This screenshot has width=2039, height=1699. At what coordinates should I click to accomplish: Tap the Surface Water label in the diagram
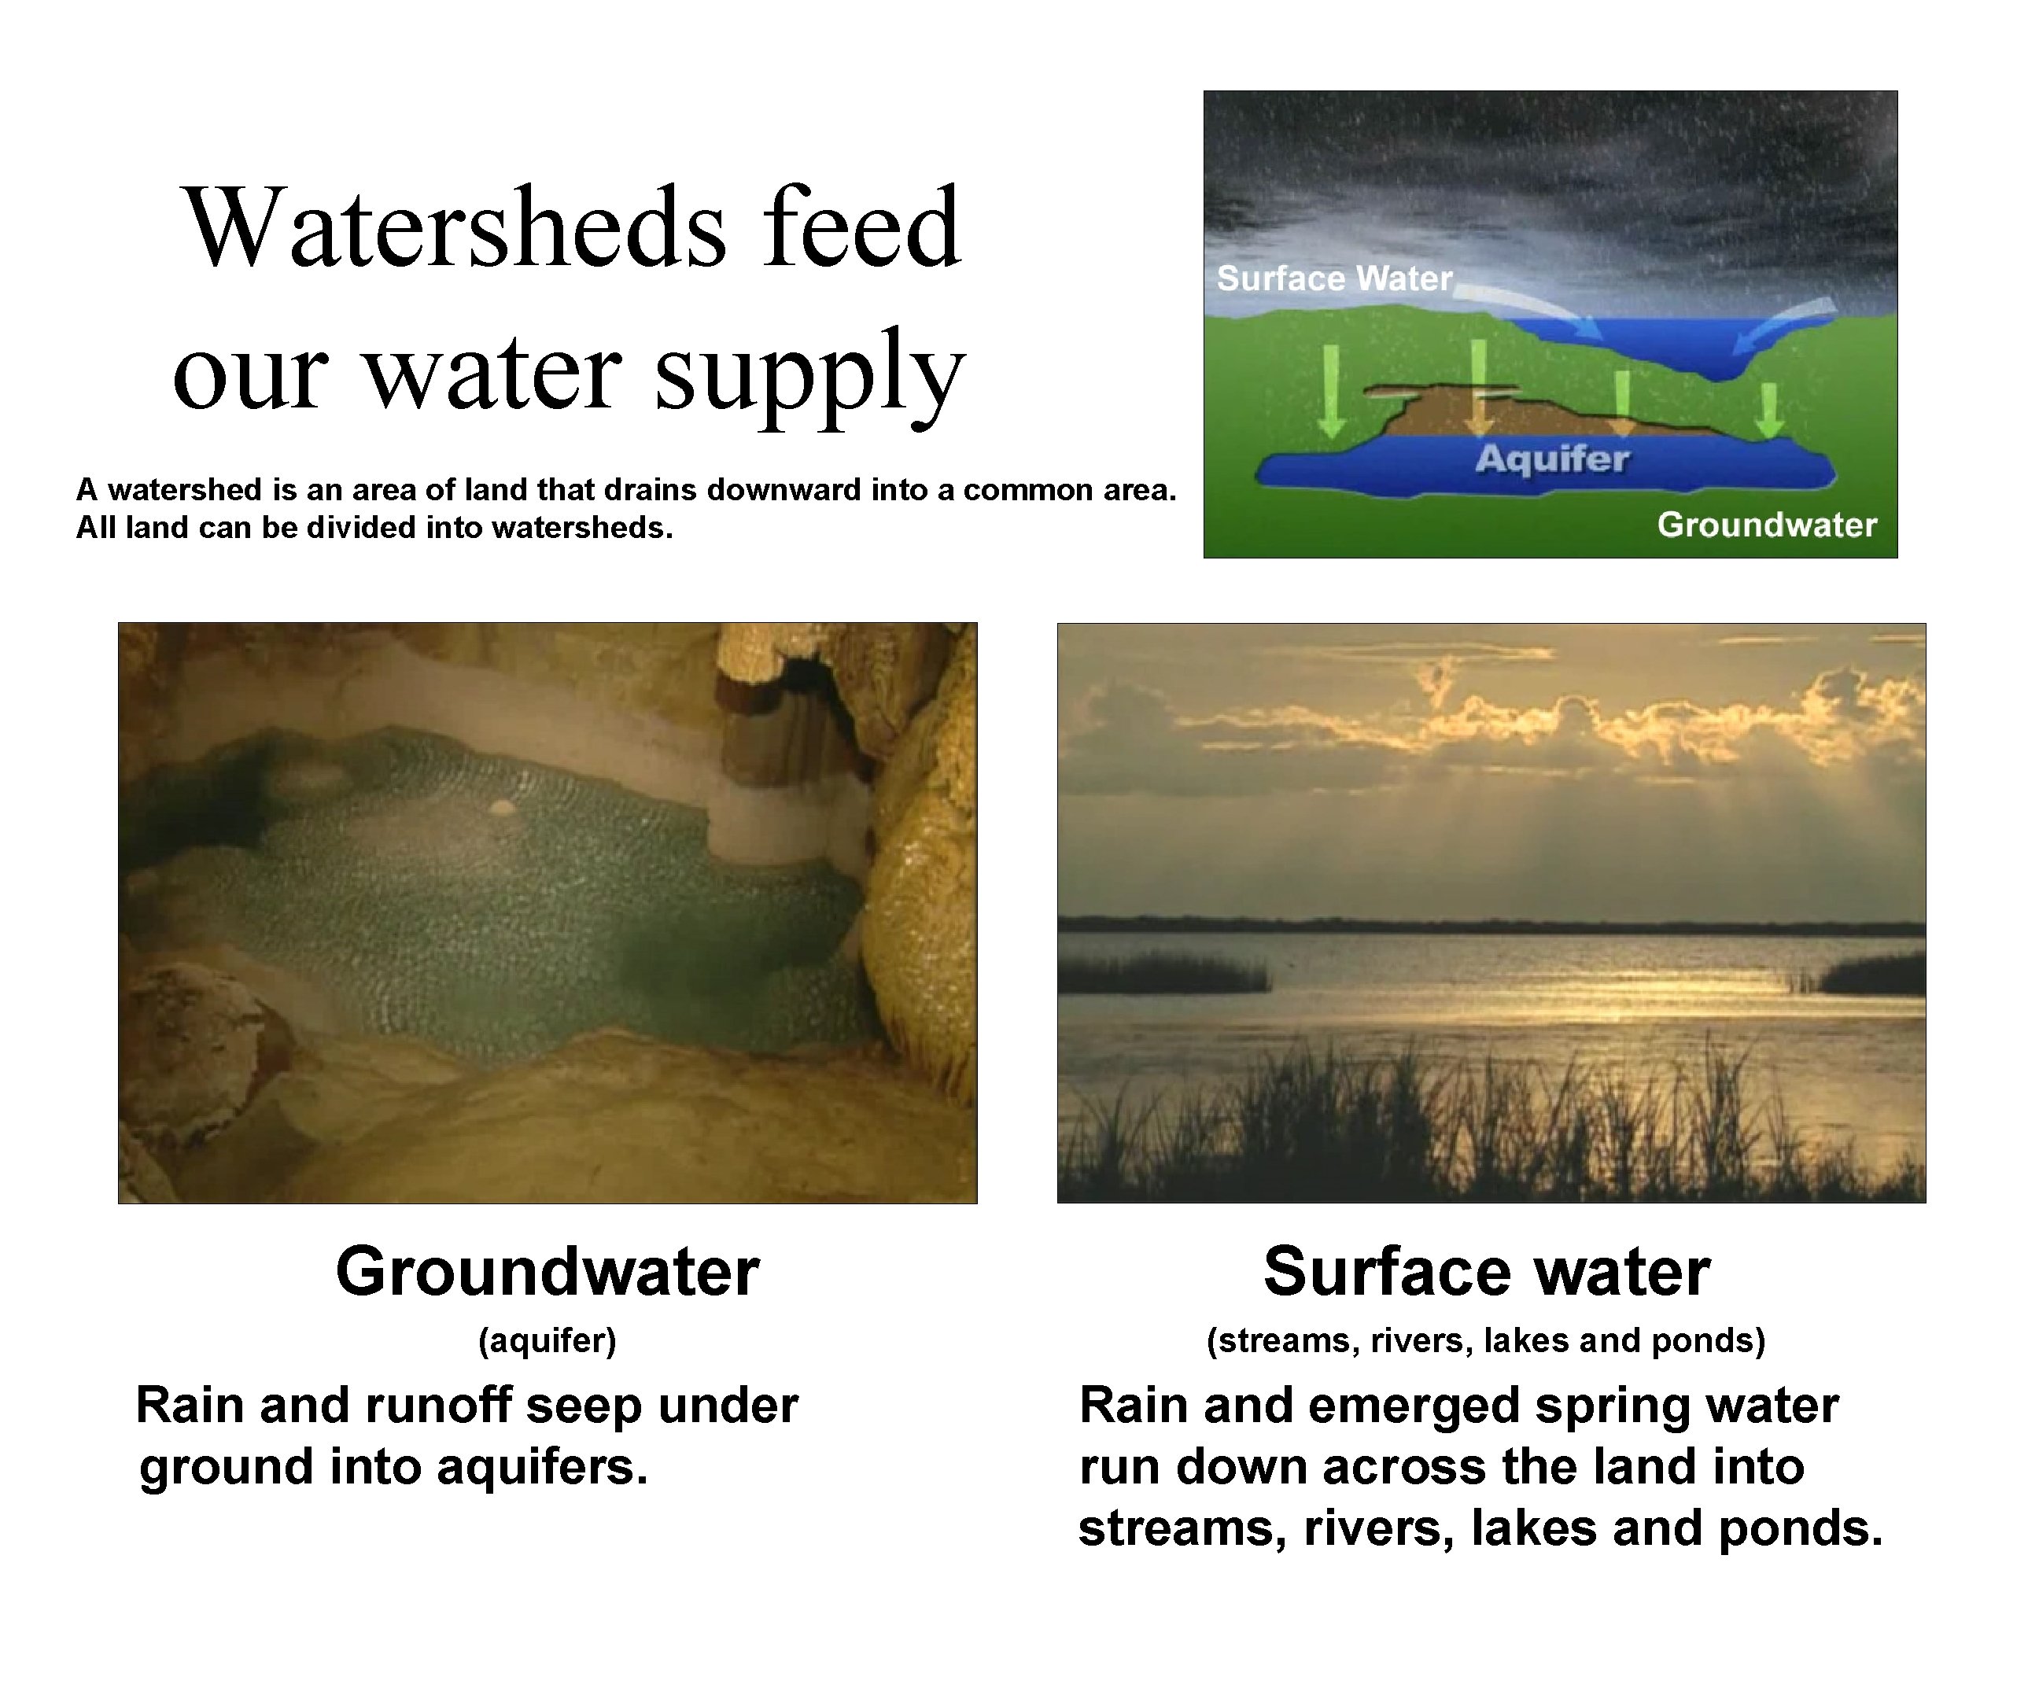click(1334, 278)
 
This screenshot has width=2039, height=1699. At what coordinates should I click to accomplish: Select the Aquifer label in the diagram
click(1551, 459)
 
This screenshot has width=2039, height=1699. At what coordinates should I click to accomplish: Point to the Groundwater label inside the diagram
click(1766, 525)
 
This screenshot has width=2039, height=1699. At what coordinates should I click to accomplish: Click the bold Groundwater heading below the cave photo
click(547, 1272)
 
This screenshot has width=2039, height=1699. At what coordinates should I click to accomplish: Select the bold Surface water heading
click(1485, 1272)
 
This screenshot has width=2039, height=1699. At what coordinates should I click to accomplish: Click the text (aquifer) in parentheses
click(547, 1341)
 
